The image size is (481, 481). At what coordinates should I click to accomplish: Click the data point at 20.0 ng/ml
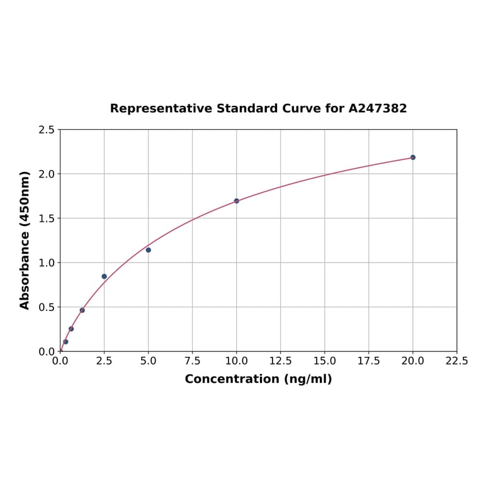(413, 157)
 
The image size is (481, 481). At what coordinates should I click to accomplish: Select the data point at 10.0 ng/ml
(237, 201)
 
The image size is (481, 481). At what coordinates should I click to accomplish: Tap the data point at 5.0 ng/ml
(149, 250)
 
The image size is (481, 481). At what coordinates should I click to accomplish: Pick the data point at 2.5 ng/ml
(105, 276)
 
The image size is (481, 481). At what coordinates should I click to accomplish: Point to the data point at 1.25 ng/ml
(82, 310)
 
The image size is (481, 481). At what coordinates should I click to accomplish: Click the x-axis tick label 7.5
(193, 361)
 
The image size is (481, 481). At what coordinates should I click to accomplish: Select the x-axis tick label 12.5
(281, 361)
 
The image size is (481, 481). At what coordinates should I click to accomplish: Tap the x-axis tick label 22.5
(456, 361)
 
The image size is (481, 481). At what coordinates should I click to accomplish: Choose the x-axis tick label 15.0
(325, 361)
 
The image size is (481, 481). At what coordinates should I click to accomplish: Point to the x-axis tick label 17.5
(369, 361)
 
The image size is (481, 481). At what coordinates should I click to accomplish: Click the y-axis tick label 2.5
(47, 130)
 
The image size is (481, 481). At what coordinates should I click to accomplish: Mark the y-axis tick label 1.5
(47, 218)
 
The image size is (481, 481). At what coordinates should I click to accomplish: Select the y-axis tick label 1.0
(47, 263)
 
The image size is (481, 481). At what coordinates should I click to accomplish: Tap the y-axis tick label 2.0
(47, 174)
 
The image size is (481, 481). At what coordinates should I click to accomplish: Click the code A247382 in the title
(378, 108)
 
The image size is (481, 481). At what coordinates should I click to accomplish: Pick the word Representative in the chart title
(161, 108)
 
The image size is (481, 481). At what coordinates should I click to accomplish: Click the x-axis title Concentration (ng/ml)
(258, 379)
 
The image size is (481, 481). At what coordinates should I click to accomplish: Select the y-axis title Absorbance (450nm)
(25, 240)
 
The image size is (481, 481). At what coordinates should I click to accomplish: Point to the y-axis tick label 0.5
(47, 307)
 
